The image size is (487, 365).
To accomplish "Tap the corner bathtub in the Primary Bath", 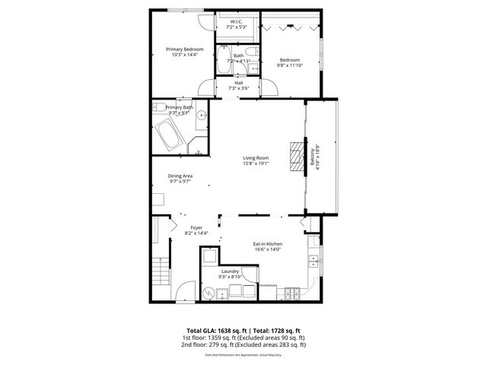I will pos(168,138).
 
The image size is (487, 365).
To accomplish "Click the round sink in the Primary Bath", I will pos(202,116).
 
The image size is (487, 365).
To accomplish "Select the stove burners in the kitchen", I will pos(291,293).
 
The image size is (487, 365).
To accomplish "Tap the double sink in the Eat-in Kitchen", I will pos(313,261).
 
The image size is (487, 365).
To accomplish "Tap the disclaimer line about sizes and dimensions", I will pos(243,354).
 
